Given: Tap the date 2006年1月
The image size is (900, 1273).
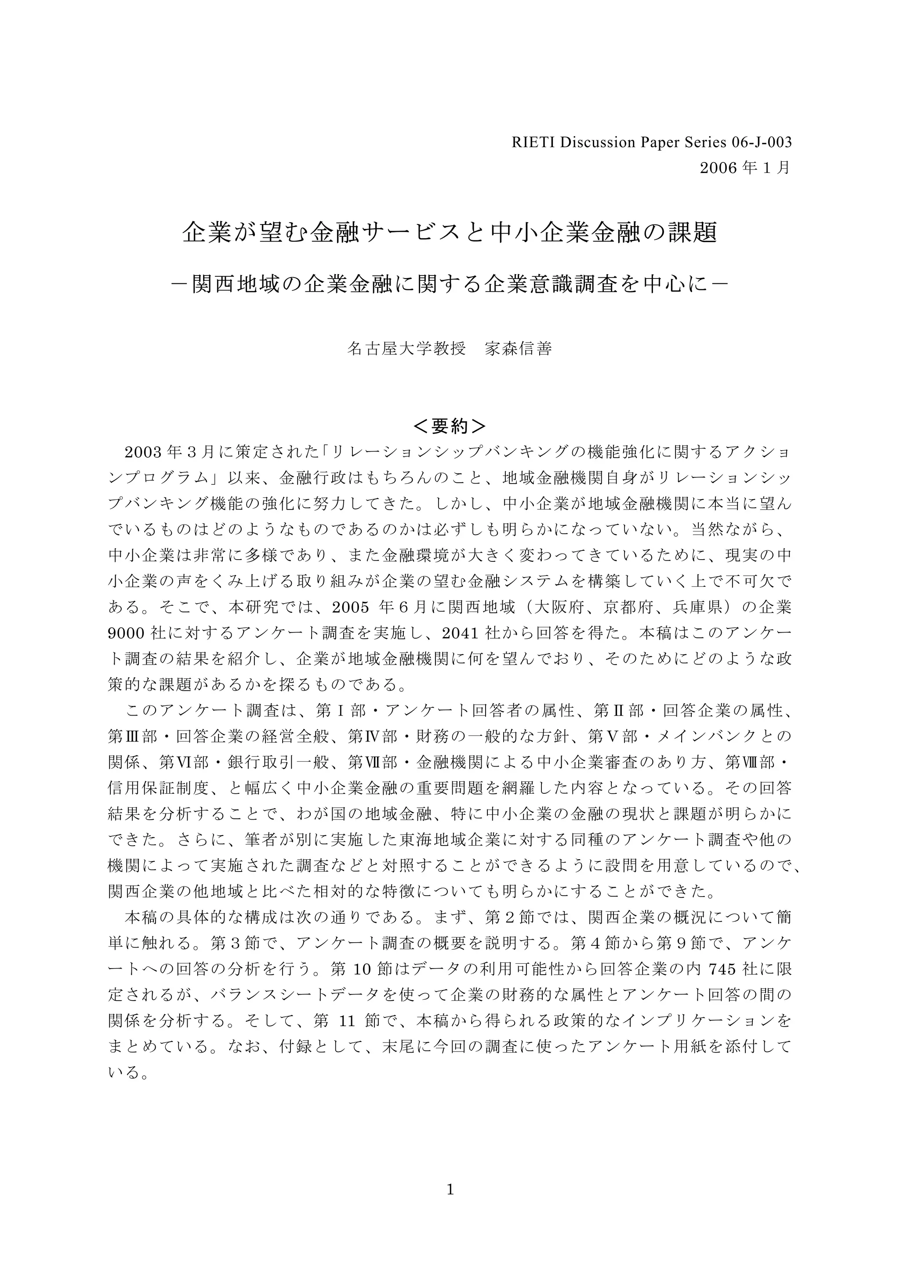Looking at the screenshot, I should tap(745, 168).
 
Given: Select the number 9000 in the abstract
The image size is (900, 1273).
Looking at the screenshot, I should tap(127, 633).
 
